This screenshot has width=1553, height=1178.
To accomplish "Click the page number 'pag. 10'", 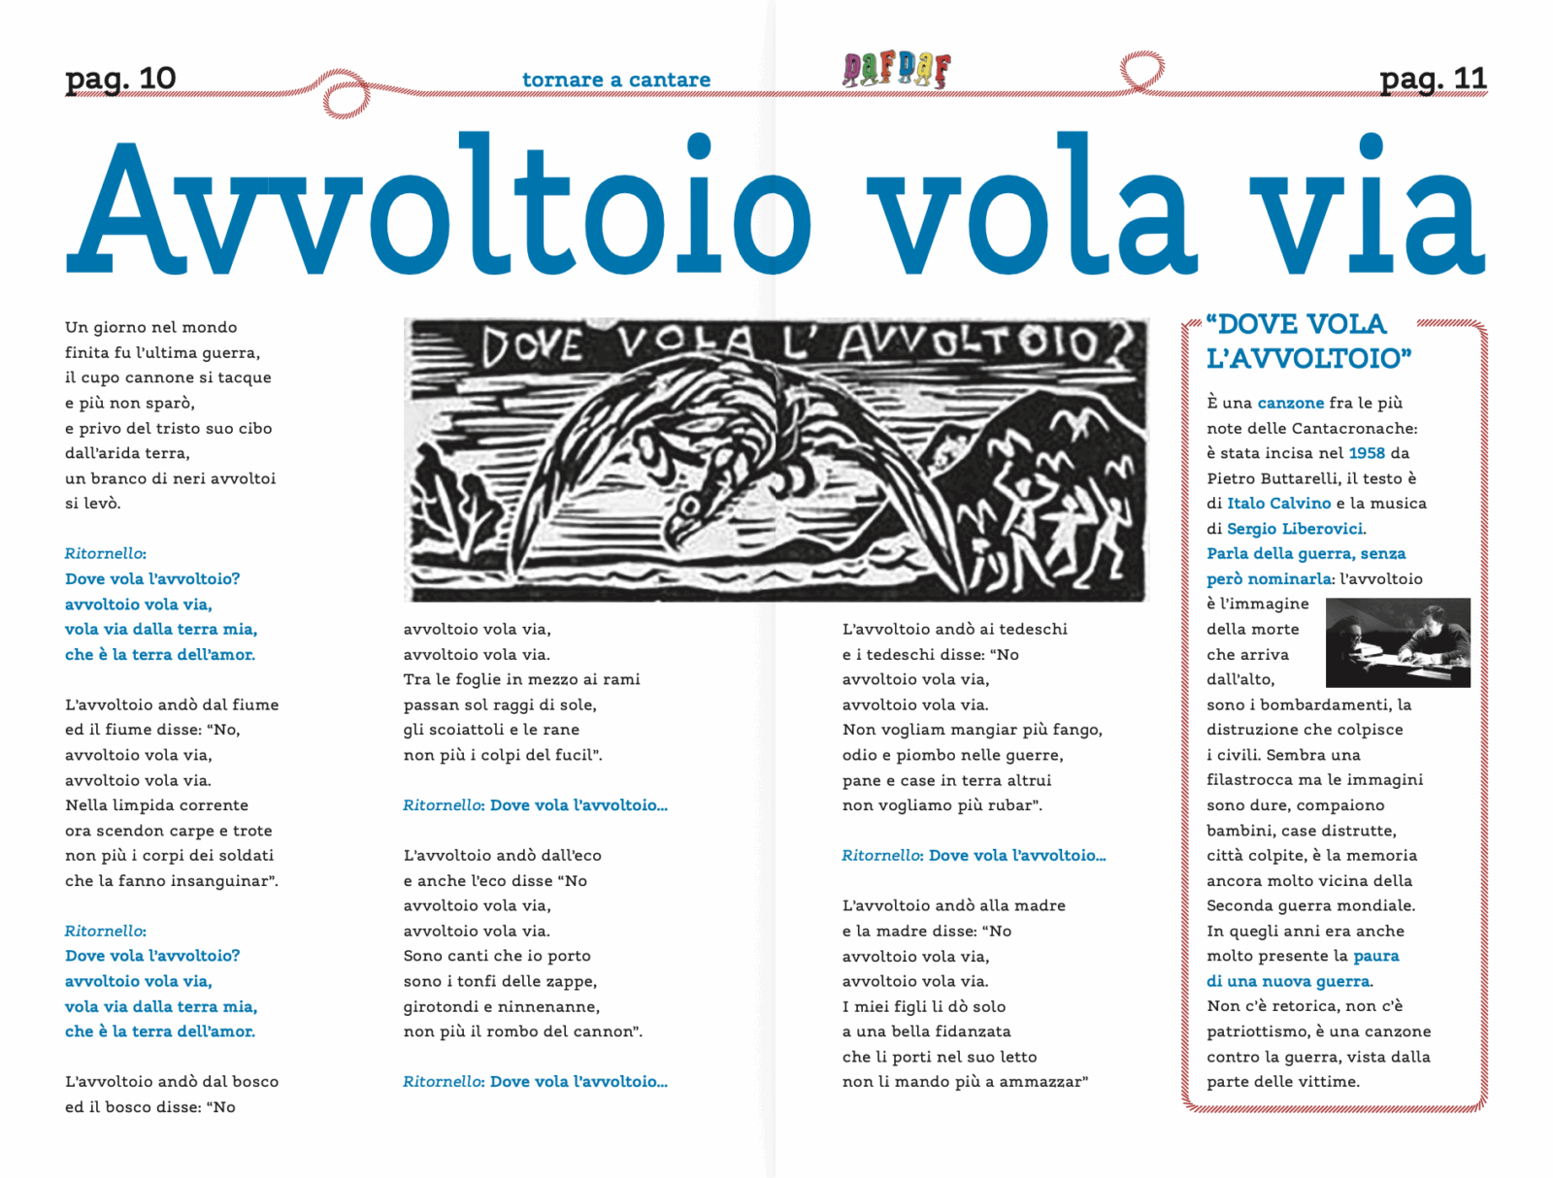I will pyautogui.click(x=120, y=79).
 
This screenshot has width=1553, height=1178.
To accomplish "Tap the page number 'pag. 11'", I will pyautogui.click(x=1433, y=79).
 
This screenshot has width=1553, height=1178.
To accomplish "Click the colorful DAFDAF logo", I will pyautogui.click(x=897, y=70).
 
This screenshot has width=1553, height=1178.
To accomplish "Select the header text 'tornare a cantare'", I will pyautogui.click(x=616, y=80).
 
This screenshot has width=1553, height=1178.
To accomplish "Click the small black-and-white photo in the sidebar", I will pyautogui.click(x=1398, y=642).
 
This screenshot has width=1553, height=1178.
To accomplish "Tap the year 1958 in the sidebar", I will pyautogui.click(x=1367, y=453).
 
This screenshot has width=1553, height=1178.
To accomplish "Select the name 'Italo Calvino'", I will pyautogui.click(x=1278, y=504).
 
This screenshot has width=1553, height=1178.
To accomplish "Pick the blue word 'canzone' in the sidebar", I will pyautogui.click(x=1290, y=403).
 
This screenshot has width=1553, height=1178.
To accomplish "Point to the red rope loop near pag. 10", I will pyautogui.click(x=345, y=95).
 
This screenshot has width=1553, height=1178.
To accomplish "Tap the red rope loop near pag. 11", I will pyautogui.click(x=1141, y=71).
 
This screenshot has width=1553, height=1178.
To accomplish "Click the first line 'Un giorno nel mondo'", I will pyautogui.click(x=151, y=328).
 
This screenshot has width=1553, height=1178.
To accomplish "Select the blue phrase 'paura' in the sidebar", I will pyautogui.click(x=1376, y=956).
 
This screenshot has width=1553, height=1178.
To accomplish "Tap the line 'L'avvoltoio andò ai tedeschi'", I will pyautogui.click(x=954, y=629).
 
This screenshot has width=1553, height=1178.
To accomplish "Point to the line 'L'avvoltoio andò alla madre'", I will pyautogui.click(x=953, y=905).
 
